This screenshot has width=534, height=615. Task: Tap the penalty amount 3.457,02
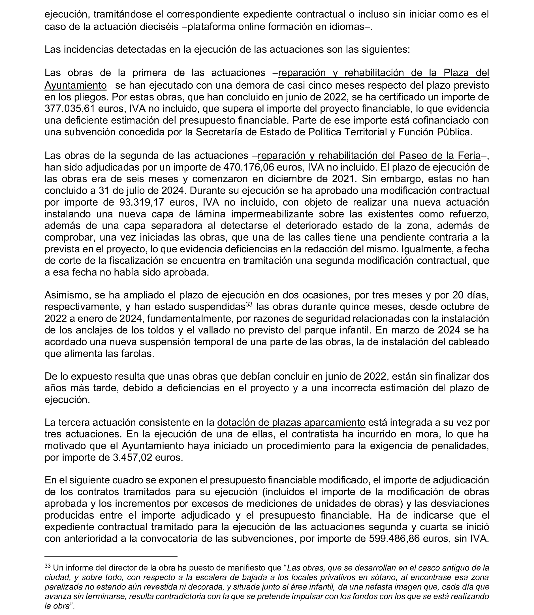137,457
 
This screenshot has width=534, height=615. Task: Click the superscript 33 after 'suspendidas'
249,305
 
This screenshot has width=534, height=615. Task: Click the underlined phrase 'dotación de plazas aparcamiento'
291,423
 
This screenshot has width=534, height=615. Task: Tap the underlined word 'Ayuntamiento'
75,86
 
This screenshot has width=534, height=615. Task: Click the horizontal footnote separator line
111,556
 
